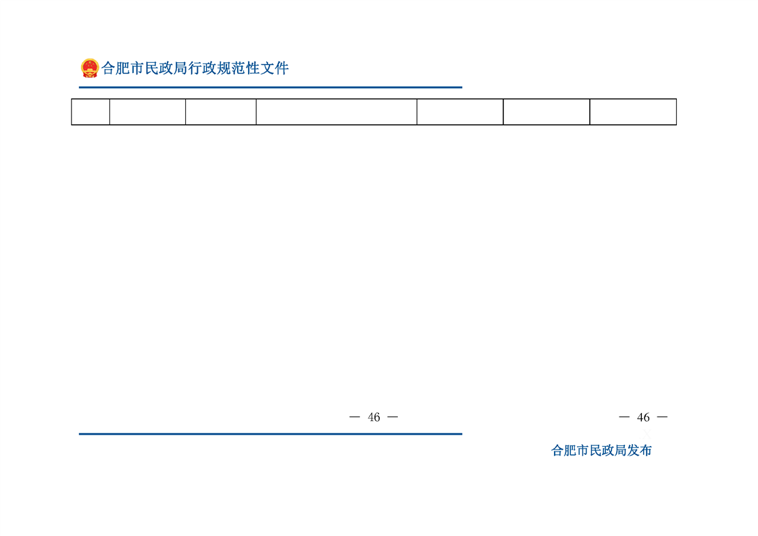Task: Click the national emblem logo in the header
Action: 90,68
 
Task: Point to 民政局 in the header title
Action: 166,68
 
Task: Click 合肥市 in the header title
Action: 123,68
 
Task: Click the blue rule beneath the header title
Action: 271,88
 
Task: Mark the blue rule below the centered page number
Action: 271,434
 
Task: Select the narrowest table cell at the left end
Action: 91,112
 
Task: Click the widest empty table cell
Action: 336,112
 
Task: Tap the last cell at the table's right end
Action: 633,112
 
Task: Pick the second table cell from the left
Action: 147,112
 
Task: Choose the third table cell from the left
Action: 221,112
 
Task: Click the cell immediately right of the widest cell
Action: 460,112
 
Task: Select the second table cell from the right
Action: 547,112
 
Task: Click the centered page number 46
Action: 374,417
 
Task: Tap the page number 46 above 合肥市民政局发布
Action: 643,417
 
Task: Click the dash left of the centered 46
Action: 355,417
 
